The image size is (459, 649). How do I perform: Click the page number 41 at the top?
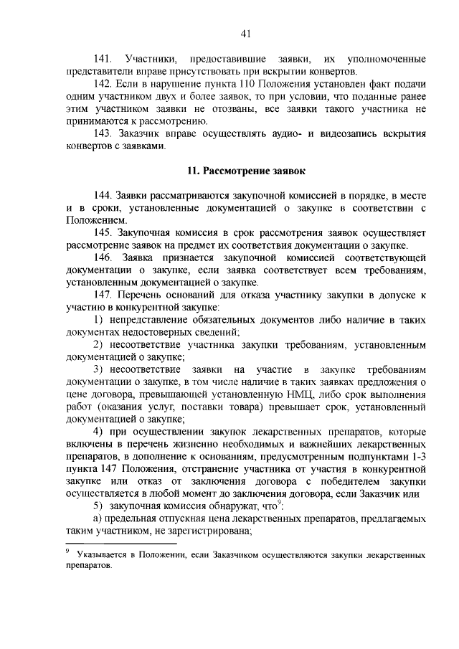click(245, 33)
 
